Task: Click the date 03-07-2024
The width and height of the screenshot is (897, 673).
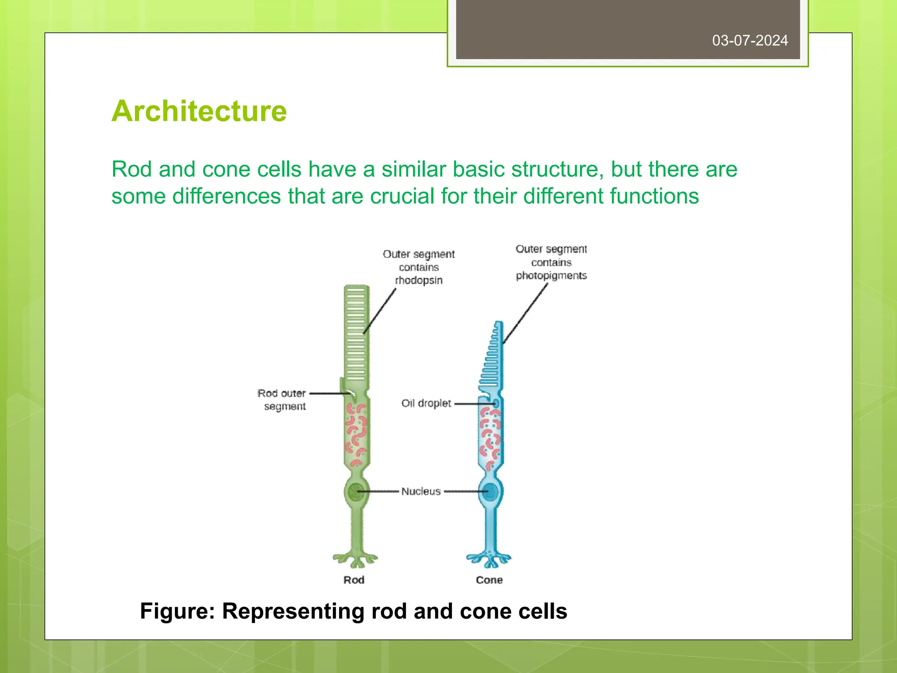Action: tap(749, 40)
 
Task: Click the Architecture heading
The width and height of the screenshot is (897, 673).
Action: tap(199, 111)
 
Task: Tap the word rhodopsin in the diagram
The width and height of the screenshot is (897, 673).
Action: tap(419, 280)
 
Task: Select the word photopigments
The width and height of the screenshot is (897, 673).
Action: tap(551, 276)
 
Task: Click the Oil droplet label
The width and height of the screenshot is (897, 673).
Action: tap(426, 403)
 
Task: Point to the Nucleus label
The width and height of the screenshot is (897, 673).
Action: tap(421, 491)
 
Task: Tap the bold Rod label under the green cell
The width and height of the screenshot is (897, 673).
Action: tap(354, 580)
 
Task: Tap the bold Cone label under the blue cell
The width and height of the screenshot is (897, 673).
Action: tap(489, 580)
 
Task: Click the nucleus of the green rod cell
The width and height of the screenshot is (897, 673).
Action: tap(355, 492)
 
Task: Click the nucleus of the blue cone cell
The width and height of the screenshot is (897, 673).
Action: tap(491, 492)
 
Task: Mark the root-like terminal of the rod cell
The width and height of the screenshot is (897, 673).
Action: tap(355, 559)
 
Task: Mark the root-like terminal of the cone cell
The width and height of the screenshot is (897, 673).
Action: tap(489, 559)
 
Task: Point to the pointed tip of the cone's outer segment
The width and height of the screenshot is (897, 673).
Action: tap(499, 323)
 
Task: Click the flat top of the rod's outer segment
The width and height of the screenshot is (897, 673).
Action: tap(357, 287)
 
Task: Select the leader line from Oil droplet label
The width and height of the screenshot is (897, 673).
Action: tap(473, 404)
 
